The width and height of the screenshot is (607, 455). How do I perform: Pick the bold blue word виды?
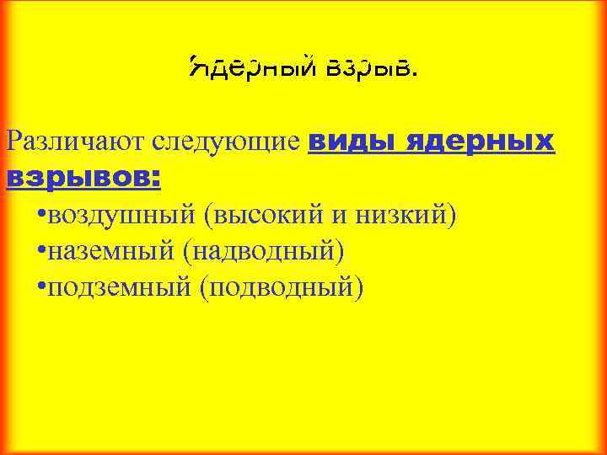pos(352,142)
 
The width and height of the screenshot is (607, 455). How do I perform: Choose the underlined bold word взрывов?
pos(78,178)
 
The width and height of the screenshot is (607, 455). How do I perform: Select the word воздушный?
pos(121,216)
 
